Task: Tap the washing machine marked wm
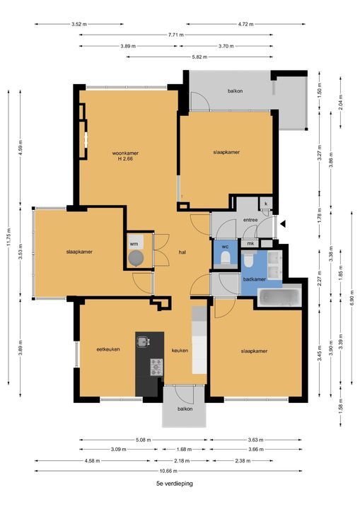(x=135, y=258)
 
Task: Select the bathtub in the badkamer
(x=280, y=297)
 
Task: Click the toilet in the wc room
(x=226, y=259)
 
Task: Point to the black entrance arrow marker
(x=283, y=224)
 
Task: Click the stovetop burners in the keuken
(x=156, y=367)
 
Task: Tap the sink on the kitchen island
(x=143, y=343)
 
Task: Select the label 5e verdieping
(x=174, y=484)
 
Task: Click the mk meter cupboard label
(x=250, y=244)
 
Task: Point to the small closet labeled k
(x=266, y=204)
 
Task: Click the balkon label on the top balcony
(x=236, y=91)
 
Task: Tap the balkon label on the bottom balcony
(x=185, y=409)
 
